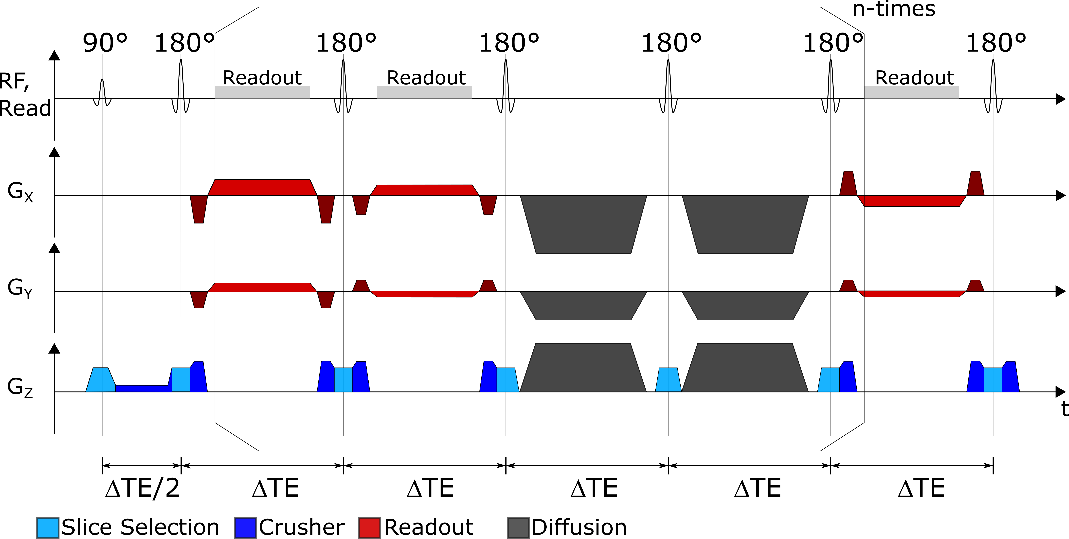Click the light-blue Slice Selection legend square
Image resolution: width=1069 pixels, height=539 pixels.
point(48,528)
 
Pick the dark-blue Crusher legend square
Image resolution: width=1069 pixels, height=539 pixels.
point(245,528)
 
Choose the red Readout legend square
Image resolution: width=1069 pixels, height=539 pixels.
point(369,528)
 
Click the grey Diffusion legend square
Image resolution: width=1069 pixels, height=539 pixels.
point(518,528)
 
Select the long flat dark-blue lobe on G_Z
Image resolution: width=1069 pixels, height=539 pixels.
point(143,388)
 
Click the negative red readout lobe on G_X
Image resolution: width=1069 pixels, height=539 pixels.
point(912,201)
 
